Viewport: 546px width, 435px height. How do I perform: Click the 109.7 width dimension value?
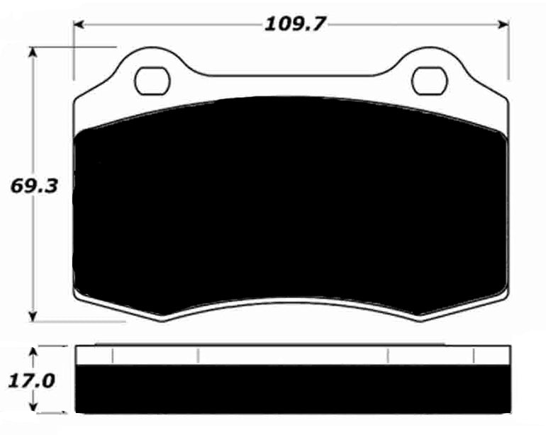tap(294, 24)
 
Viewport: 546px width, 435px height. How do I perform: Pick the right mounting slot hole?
tap(428, 80)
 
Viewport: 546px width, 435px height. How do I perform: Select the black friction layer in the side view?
tap(291, 390)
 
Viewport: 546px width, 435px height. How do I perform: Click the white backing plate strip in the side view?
tap(291, 356)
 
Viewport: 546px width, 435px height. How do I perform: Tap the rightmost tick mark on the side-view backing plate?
tap(474, 356)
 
